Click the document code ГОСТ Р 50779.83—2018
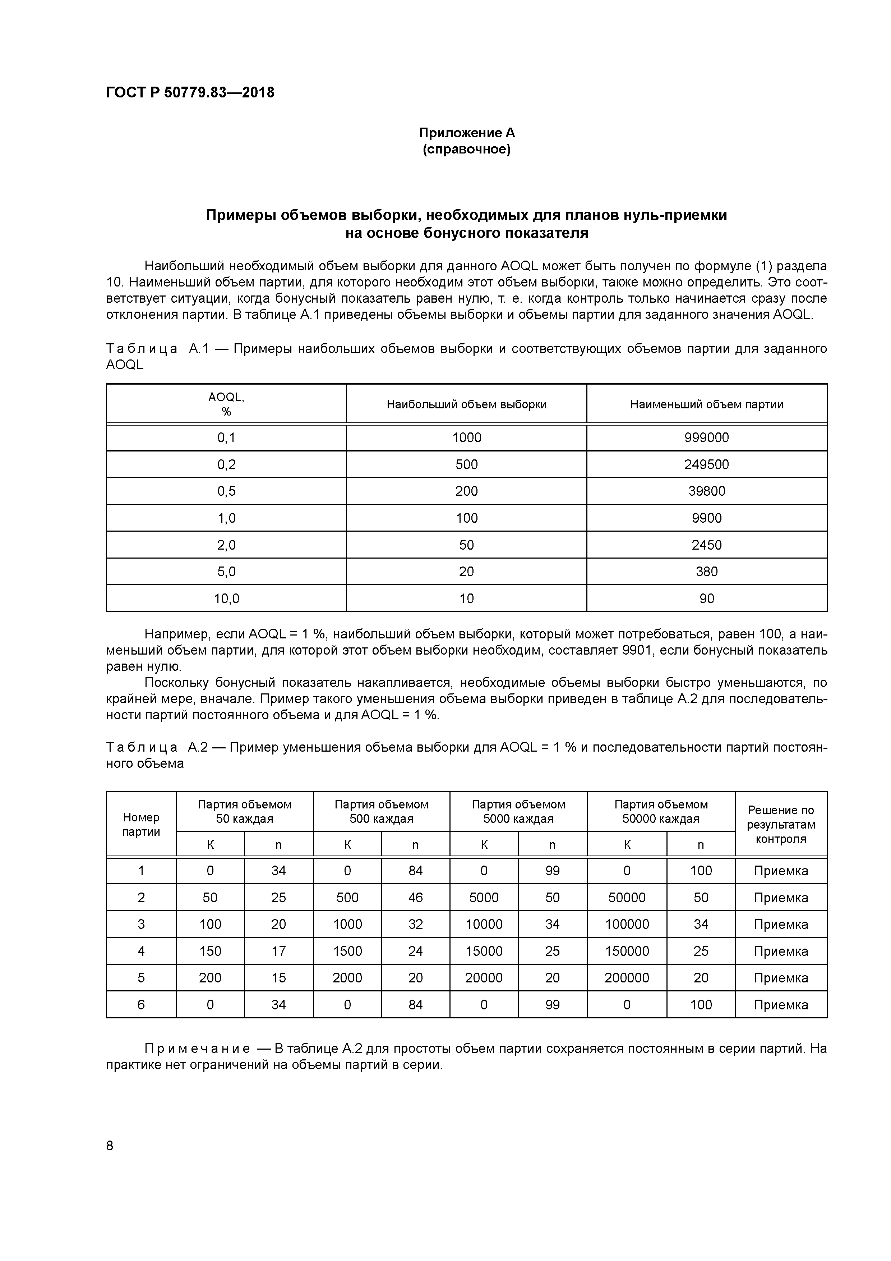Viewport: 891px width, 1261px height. (190, 93)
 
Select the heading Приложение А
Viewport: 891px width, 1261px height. (467, 133)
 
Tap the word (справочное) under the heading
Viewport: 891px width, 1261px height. (467, 150)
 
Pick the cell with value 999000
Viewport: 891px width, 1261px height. (707, 438)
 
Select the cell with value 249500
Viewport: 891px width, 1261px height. (707, 465)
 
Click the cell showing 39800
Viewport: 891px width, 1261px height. (707, 491)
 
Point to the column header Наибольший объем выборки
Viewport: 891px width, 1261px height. (467, 405)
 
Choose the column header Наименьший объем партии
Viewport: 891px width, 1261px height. (707, 405)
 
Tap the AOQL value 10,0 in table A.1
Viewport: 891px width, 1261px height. (226, 599)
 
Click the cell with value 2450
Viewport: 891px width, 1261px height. (707, 545)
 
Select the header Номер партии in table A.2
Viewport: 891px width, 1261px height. (141, 824)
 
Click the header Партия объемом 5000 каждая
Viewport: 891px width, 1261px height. (518, 812)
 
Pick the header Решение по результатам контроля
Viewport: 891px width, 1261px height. (781, 824)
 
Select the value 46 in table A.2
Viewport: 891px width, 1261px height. (416, 898)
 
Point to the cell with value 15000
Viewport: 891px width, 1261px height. (484, 951)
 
